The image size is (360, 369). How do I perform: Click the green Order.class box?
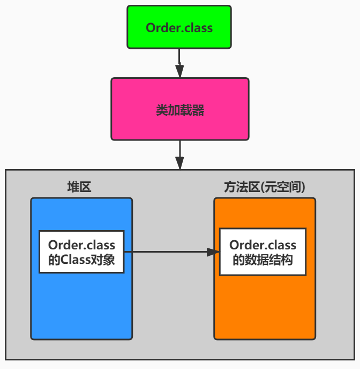click(179, 27)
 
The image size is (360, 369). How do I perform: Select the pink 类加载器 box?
click(180, 109)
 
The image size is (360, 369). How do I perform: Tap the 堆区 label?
click(79, 187)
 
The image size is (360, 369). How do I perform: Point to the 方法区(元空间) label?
click(265, 187)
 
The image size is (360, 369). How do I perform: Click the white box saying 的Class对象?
click(81, 252)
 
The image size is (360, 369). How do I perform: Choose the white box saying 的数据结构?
click(263, 252)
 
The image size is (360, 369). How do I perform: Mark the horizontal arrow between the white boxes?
click(169, 252)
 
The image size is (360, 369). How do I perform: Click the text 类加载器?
click(180, 110)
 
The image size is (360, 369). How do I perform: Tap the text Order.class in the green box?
click(179, 28)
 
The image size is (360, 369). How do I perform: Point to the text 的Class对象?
click(81, 261)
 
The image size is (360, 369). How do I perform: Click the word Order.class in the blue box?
click(81, 245)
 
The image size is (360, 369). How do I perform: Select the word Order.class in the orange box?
click(262, 245)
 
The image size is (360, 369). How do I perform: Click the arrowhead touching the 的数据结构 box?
click(214, 252)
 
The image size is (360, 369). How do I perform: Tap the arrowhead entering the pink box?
click(179, 72)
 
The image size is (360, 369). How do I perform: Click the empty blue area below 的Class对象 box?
click(81, 306)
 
